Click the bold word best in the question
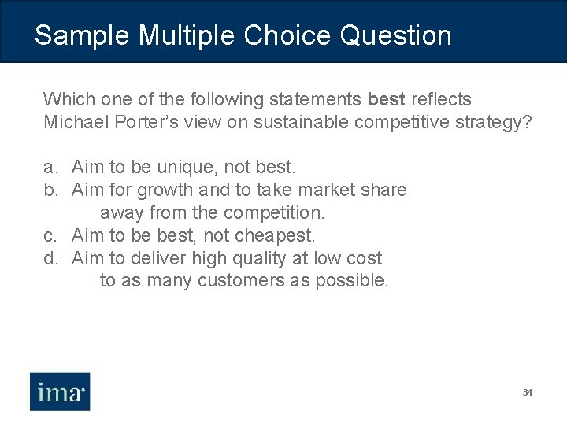point(386,99)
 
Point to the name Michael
point(75,122)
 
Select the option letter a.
point(50,168)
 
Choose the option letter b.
point(50,190)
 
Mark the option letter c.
point(50,235)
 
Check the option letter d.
point(50,258)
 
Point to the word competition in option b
point(274,213)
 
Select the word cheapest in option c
point(279,235)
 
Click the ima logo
point(61,391)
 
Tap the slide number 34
point(527,392)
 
